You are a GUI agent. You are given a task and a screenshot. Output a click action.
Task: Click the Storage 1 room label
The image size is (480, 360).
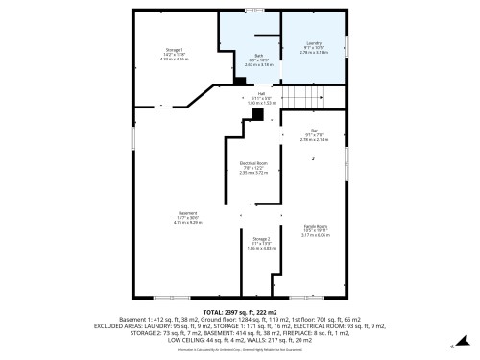[x=174, y=50]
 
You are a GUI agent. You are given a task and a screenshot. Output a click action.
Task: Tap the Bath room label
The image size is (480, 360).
[x=259, y=55]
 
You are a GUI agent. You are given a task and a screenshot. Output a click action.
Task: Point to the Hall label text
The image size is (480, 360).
[x=260, y=93]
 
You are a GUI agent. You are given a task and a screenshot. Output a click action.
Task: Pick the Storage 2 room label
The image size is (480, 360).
[x=261, y=238]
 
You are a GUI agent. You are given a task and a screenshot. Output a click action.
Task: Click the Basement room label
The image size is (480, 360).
[x=187, y=212]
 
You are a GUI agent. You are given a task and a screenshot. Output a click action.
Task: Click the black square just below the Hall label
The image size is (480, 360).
[x=257, y=113]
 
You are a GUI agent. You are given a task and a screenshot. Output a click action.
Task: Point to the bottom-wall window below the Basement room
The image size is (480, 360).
[x=164, y=297]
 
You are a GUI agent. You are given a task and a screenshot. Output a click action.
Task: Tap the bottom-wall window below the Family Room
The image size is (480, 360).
[x=311, y=297]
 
